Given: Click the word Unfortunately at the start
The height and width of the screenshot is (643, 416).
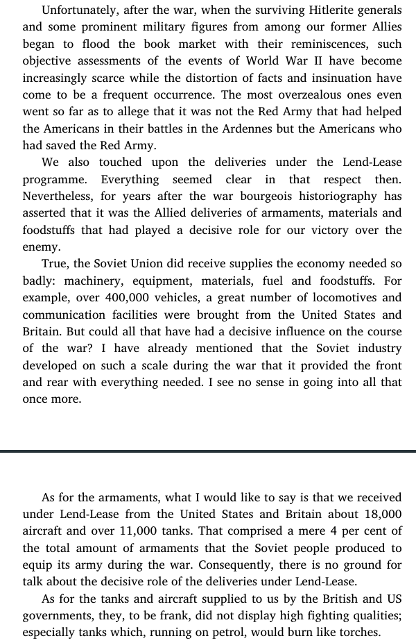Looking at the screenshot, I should click(x=81, y=10).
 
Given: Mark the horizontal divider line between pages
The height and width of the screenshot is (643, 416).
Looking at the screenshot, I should click(x=208, y=452).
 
